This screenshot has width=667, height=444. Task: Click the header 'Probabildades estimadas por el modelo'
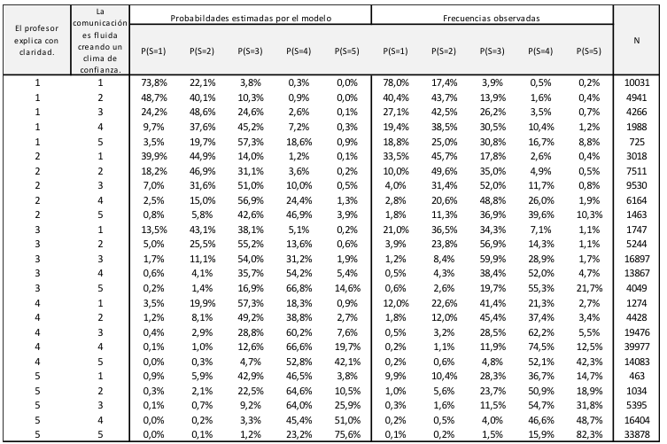pos(251,19)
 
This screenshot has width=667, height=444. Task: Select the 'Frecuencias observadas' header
pos(492,19)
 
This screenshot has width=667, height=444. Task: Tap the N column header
pos(636,41)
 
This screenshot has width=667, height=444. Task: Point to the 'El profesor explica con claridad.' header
pos(36,41)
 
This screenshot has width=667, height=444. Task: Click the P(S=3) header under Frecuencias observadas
pos(492,51)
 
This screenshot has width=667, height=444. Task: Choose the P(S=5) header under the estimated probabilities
pos(346,51)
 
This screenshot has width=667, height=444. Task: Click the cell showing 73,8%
pos(153,83)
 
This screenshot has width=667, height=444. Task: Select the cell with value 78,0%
pos(396,83)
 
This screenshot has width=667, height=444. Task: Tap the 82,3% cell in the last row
pos(589,434)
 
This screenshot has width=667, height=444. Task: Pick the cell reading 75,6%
pos(347,434)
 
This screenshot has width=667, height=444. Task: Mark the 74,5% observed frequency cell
pos(540,347)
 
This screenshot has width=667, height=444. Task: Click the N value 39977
pos(637,347)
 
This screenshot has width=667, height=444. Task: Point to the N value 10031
pos(637,83)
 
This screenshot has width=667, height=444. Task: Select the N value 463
pos(637,376)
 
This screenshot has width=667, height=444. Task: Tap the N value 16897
pos(637,259)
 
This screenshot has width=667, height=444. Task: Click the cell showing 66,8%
pos(299,288)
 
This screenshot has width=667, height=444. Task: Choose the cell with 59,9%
pos(492,259)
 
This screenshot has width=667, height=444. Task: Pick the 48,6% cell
pos(202,113)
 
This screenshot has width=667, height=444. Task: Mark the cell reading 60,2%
pos(299,332)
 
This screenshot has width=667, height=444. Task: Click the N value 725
pos(637,142)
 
